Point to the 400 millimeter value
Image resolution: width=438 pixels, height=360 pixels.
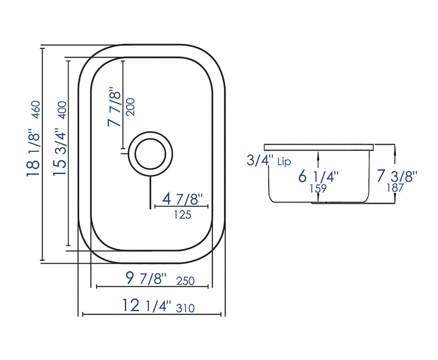point(62,110)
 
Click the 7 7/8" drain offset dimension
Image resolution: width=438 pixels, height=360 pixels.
point(114,107)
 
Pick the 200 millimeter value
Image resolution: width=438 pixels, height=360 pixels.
point(130,106)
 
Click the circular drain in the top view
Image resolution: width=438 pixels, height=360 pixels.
point(150,153)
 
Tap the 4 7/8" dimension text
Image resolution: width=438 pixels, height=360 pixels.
point(183,199)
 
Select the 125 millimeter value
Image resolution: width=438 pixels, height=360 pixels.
point(182,214)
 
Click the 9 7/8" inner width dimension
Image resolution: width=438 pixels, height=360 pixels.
point(146,279)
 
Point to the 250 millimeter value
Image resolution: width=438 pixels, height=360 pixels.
point(185,281)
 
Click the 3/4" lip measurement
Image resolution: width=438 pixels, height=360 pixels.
point(260,161)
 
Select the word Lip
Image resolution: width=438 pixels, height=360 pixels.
point(284,163)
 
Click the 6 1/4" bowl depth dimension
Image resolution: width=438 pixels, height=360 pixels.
point(319,176)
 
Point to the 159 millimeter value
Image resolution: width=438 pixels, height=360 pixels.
point(319,189)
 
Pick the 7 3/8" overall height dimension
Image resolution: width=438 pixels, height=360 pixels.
point(396,175)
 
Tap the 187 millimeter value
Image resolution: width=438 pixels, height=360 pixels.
point(396,188)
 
